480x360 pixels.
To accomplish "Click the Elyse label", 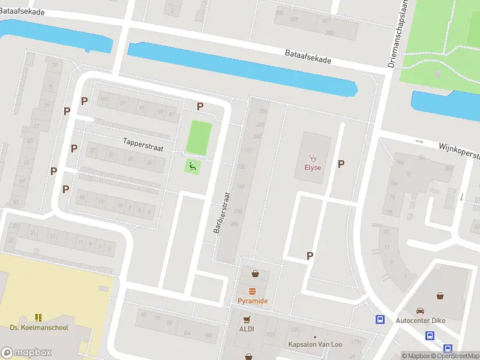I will point(312,167).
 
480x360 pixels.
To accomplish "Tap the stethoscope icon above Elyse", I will point(312,158).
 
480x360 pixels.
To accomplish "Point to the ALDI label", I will point(247,329).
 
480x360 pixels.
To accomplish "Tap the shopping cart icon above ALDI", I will point(247,319).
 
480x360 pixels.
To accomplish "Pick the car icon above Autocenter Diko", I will point(421,311).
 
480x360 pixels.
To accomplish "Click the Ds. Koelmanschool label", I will point(39,328).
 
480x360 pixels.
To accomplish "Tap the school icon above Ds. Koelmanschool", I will point(39,317).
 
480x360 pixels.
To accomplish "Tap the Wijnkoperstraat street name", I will point(459,150).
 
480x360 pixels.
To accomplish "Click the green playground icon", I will point(193,166).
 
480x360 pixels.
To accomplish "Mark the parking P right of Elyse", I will point(341,164).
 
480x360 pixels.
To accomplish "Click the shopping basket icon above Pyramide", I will point(256,274).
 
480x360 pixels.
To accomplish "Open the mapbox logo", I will point(26,352).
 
